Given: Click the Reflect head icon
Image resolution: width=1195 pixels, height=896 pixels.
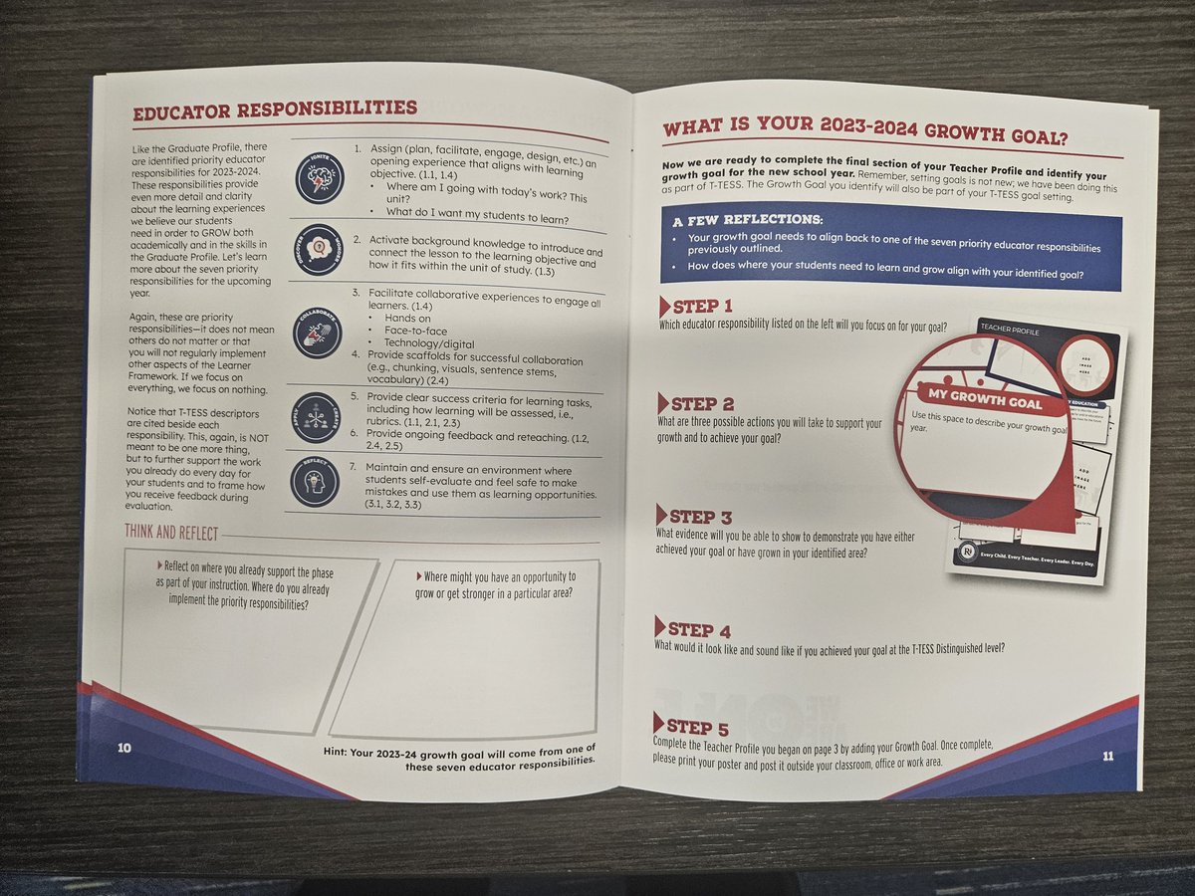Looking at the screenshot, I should point(314,481).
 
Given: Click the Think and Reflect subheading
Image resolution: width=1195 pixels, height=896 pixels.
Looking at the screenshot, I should point(171,534).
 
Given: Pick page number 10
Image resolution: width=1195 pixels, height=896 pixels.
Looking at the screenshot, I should point(124,749).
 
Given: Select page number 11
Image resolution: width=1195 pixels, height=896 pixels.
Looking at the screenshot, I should point(1106,756).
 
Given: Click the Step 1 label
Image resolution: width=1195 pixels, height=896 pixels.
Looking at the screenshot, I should point(701,307).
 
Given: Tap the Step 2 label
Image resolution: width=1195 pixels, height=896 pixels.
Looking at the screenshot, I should point(701,404).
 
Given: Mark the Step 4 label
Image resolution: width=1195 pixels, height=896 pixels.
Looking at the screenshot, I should point(698,630).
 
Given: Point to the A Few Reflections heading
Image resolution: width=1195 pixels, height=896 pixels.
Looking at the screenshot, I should point(747,219).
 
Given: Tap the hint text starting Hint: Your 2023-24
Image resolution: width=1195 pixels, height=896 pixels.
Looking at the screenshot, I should point(460,755).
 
